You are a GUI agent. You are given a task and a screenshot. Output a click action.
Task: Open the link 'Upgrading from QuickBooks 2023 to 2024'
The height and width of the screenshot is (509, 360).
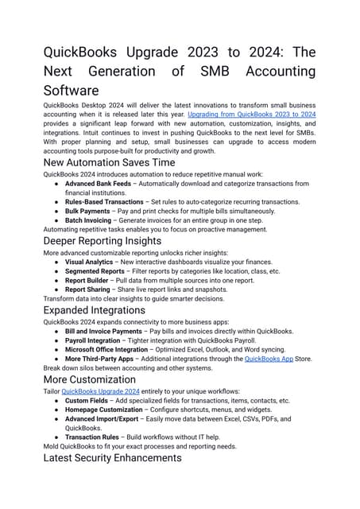251,115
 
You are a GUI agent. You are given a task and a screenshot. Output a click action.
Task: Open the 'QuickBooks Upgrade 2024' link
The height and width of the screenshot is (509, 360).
100,392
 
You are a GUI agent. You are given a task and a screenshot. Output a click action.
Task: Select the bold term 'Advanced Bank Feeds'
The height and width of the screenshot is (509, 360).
98,184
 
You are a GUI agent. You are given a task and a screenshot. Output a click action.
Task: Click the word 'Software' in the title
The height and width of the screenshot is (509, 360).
71,90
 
